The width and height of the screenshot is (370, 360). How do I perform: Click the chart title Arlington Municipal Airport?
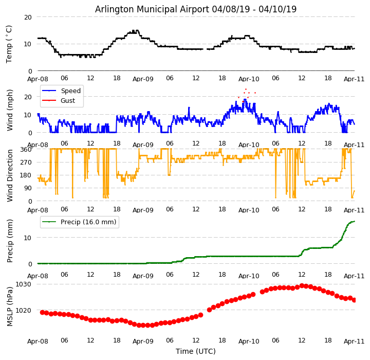click(196, 9)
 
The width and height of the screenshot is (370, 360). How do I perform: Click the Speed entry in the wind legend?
click(70, 91)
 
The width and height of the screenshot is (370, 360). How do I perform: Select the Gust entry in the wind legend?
click(67, 101)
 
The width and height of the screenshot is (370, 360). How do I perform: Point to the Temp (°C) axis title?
click(9, 44)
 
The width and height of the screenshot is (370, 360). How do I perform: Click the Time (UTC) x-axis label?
click(196, 351)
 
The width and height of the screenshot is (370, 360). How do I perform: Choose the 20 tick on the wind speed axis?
click(29, 96)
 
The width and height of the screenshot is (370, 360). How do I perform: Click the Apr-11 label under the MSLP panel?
click(355, 341)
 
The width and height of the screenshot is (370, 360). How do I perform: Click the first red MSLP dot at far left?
click(42, 312)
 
